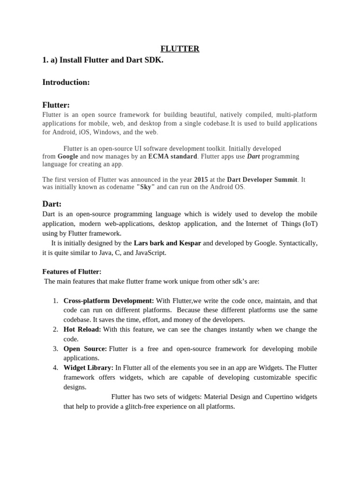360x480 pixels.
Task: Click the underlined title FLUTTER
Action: [180, 49]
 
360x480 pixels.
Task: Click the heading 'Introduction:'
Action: [66, 82]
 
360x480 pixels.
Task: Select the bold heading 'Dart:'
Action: [52, 204]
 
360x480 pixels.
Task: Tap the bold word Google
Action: [68, 156]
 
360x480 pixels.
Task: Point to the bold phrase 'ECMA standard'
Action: [172, 156]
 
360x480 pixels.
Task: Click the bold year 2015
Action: [201, 180]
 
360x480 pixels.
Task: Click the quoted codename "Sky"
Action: [145, 187]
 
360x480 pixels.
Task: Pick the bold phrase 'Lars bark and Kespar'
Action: [167, 243]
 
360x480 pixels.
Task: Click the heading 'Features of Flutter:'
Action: [72, 272]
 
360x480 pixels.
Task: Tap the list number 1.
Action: [55, 300]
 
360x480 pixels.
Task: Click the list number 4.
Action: [55, 368]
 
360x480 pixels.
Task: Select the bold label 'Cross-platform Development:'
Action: [109, 300]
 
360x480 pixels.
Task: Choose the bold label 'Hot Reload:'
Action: [82, 330]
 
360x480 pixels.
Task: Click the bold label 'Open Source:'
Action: [85, 349]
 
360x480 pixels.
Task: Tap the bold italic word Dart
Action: [254, 156]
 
